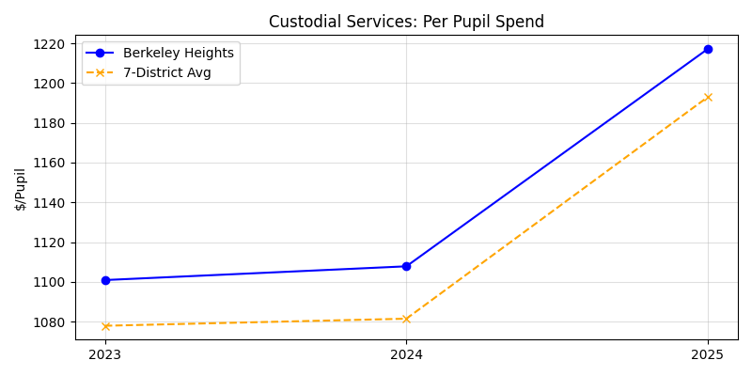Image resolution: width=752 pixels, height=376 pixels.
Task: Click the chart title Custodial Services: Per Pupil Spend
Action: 406,22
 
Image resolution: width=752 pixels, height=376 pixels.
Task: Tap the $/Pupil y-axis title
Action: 21,189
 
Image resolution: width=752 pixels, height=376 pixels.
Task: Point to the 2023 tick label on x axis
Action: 105,354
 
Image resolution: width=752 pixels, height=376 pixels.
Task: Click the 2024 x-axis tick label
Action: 406,354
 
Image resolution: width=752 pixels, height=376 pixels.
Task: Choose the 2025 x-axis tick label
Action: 708,354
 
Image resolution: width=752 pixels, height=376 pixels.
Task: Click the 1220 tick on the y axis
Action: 49,44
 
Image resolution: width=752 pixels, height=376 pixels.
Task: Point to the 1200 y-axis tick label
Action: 49,84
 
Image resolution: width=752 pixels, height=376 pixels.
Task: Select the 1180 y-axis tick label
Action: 49,123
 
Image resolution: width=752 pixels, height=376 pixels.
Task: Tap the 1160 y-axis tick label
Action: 49,164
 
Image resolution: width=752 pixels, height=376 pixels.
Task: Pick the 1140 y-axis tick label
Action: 49,203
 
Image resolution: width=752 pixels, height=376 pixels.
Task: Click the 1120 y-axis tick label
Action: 49,243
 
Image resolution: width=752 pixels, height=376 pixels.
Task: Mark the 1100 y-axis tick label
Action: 49,282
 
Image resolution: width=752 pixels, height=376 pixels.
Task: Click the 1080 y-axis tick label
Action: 49,322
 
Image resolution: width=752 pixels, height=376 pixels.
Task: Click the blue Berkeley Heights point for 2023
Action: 105,280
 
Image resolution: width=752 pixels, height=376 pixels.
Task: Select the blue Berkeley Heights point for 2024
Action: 406,266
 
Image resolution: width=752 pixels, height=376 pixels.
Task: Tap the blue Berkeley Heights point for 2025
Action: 708,49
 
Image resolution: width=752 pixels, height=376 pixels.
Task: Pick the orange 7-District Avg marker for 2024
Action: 406,319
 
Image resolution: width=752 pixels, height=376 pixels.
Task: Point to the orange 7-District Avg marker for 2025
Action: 708,97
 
